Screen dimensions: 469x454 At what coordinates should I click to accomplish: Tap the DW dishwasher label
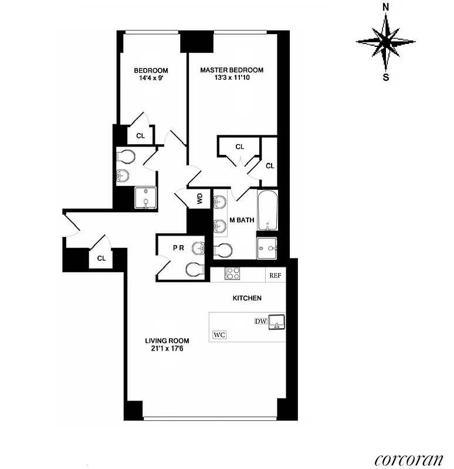click(260, 321)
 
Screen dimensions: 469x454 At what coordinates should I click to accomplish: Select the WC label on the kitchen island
click(220, 335)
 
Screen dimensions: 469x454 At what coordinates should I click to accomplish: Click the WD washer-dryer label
click(200, 198)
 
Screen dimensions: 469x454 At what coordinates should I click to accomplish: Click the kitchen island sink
click(276, 322)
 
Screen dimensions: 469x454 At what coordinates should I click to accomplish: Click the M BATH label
click(242, 220)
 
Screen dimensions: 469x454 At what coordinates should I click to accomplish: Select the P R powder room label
click(178, 248)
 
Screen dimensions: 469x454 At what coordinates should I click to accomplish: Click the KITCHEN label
click(247, 298)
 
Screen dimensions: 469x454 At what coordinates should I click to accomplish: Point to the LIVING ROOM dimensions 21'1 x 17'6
click(167, 350)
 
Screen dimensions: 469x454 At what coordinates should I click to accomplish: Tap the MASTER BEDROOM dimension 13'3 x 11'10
click(232, 79)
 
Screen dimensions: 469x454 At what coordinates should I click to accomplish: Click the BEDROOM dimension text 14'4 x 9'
click(151, 79)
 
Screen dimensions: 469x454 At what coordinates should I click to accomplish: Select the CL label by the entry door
click(101, 258)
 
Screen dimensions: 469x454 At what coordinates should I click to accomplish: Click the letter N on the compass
click(386, 8)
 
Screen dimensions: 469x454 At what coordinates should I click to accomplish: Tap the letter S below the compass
click(386, 76)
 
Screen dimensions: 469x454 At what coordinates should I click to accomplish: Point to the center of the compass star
click(386, 42)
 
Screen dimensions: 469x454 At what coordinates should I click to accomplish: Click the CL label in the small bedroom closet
click(140, 135)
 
